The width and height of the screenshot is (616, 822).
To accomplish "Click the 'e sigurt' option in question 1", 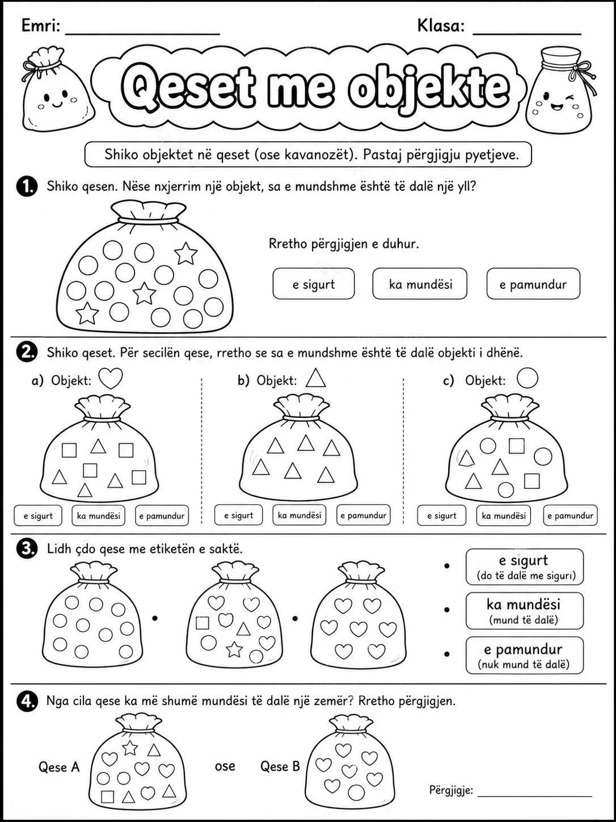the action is [314, 283].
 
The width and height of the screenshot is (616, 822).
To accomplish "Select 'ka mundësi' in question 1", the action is [420, 283].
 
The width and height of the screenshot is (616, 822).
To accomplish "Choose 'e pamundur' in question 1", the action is [533, 283].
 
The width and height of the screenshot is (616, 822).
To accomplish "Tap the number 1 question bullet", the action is [27, 186].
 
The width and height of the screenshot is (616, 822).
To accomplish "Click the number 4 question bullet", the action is [27, 701].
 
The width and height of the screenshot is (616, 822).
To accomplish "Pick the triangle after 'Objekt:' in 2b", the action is [316, 378].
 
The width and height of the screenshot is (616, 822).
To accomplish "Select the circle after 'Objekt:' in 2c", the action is [528, 378].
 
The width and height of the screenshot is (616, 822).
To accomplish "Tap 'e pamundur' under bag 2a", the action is [162, 515].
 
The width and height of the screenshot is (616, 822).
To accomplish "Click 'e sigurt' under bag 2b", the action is [239, 515].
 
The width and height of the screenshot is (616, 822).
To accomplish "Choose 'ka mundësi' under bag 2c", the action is [504, 515].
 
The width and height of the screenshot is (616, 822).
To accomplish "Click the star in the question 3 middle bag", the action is [234, 649].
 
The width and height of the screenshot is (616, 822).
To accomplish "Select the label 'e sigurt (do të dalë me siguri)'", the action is [525, 567].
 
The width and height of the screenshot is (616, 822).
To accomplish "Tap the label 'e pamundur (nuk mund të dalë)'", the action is [525, 655].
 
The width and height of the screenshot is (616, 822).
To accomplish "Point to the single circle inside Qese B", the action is [356, 792].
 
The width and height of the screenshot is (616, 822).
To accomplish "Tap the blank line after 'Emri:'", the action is [142, 35].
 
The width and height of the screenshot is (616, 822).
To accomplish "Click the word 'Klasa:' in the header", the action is [441, 26].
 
